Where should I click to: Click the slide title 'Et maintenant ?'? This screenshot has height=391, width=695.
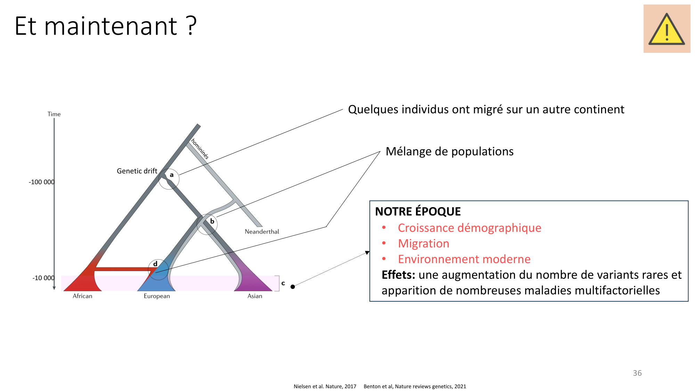click(106, 26)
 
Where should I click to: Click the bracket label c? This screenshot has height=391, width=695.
click(283, 283)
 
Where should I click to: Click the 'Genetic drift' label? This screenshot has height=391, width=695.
click(137, 171)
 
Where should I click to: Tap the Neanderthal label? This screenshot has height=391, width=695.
click(262, 231)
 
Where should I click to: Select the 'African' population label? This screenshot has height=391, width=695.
click(82, 296)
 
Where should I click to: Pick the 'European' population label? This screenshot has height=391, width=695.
click(157, 296)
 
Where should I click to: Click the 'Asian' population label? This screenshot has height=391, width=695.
click(255, 296)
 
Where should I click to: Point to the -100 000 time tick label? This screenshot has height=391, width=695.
click(42, 182)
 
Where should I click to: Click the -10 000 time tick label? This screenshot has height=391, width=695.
click(43, 278)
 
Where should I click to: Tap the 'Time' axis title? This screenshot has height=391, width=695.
click(54, 114)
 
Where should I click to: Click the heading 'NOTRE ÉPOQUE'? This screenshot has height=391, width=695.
click(418, 211)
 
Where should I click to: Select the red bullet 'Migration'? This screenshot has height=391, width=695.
click(424, 244)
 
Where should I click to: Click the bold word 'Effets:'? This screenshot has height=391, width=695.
click(399, 275)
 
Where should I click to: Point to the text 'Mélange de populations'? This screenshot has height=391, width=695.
click(450, 152)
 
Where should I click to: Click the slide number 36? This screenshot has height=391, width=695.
click(637, 373)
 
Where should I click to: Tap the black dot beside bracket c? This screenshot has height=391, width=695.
click(293, 287)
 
